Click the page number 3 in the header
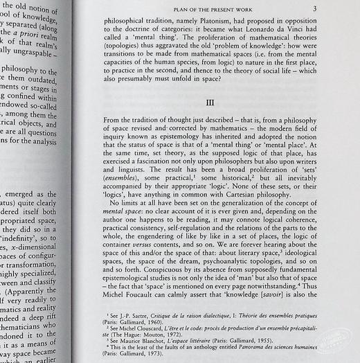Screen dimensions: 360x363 pos(314,10)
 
